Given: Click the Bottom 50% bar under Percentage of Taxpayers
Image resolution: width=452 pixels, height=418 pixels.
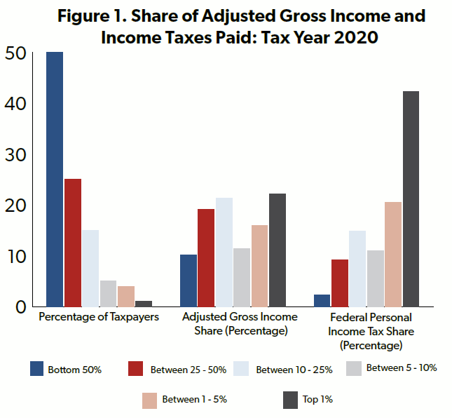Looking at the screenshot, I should tap(55, 179).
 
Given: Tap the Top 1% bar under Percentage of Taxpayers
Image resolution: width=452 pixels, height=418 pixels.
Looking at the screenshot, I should tap(144, 303).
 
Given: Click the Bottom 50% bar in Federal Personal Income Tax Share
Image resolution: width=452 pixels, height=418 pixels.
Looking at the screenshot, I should tap(322, 300).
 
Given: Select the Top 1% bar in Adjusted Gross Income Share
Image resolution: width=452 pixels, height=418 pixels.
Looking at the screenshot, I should tap(278, 250).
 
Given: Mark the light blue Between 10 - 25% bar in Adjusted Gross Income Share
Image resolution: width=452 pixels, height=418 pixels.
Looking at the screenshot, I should tap(224, 252).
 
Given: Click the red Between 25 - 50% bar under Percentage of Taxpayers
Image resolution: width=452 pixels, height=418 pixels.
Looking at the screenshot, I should tap(73, 243).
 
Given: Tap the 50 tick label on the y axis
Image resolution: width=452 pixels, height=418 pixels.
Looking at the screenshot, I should tap(15, 53).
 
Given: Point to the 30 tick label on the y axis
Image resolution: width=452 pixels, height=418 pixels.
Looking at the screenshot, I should tap(15, 154).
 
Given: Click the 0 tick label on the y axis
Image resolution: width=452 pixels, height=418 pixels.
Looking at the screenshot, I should tap(20, 306).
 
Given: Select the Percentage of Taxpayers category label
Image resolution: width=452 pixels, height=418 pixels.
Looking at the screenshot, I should tap(98, 317).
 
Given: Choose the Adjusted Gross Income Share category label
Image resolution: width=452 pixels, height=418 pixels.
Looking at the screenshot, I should tap(240, 324).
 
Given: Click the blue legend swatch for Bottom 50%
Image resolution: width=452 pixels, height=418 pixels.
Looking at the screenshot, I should tap(38, 369).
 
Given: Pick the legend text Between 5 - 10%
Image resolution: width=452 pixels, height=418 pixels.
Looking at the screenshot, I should tap(402, 368).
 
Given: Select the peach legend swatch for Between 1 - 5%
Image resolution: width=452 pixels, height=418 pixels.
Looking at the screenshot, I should tap(150, 400).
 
